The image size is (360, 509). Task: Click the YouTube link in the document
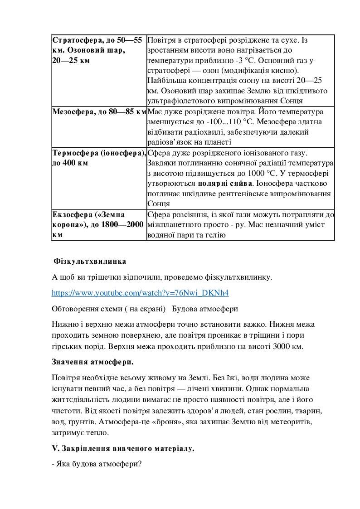pos(140,293)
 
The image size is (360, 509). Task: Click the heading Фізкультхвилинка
pos(90,262)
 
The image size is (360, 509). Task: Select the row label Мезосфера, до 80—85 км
pos(99,111)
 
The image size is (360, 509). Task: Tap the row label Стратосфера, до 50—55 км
pos(97,40)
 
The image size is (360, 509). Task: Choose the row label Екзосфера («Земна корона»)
pos(89,214)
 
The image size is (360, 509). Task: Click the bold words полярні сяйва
pos(225,184)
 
